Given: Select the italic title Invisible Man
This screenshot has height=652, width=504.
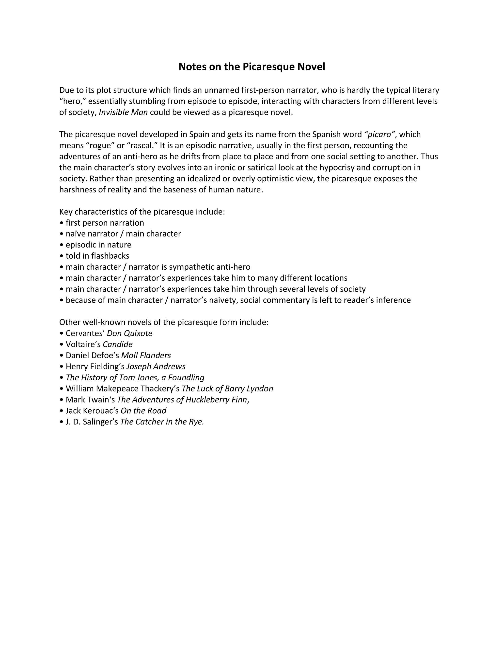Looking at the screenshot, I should point(123,112).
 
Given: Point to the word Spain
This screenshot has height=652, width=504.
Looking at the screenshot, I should point(199,134).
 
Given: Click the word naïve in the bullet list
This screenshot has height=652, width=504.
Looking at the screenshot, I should point(76,233).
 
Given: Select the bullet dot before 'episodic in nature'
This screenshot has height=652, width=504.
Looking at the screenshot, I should point(61,245).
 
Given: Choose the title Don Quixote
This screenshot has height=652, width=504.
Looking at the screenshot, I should point(130,333).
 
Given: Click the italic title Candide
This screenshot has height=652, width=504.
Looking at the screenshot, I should point(118,344).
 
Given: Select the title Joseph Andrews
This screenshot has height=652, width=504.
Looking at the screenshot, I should point(156,366).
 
